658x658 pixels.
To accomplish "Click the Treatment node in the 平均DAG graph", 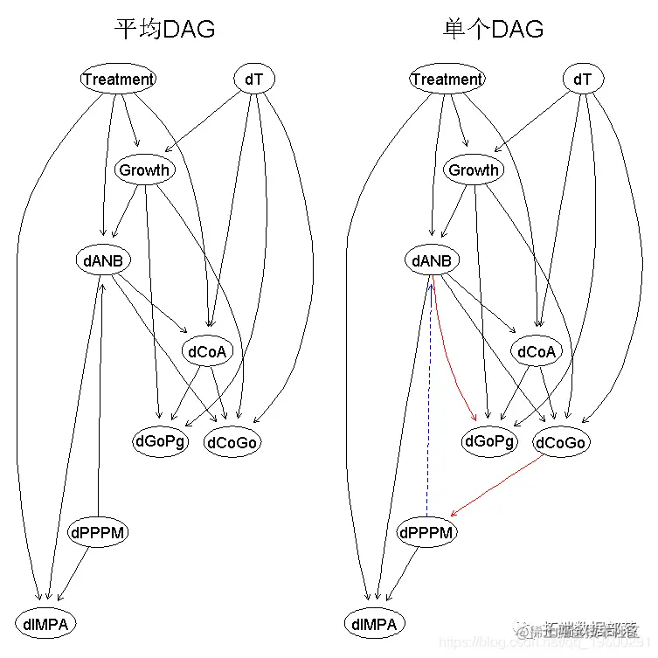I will [x=118, y=79].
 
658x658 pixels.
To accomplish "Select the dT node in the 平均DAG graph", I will [x=254, y=79].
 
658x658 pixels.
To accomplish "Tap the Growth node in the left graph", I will [x=144, y=170].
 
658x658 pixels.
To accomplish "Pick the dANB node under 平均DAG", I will [x=103, y=260].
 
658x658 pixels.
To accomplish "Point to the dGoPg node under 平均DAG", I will [x=161, y=441].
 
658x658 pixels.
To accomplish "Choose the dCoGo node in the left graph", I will [x=232, y=442].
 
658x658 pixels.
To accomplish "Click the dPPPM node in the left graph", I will [x=99, y=532].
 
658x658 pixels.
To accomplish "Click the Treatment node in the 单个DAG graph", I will [x=447, y=79].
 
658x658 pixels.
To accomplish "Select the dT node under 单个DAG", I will [x=583, y=79].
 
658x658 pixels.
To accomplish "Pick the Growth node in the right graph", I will [x=473, y=170].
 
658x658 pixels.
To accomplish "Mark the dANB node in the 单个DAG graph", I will [x=432, y=260].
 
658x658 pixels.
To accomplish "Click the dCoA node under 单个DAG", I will [x=537, y=351].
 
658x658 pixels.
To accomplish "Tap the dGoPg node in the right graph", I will [x=489, y=441].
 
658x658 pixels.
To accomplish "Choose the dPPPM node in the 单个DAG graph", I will [x=427, y=532].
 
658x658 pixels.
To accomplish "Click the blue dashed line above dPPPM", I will [x=428, y=402].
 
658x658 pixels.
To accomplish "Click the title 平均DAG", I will [x=165, y=30].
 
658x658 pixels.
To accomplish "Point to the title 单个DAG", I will [x=494, y=30].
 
